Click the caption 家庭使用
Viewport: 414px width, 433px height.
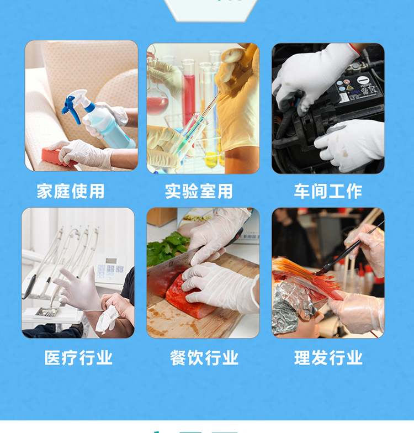tap(71, 191)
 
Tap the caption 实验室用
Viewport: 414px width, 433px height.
tap(199, 191)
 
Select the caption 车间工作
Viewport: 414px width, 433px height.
tap(328, 191)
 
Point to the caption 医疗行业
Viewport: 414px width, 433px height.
tap(78, 358)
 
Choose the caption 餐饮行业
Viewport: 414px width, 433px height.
tap(204, 358)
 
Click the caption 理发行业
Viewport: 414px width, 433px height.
tap(328, 358)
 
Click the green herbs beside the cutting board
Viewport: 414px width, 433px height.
tap(166, 249)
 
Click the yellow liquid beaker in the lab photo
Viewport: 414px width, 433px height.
tap(211, 160)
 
